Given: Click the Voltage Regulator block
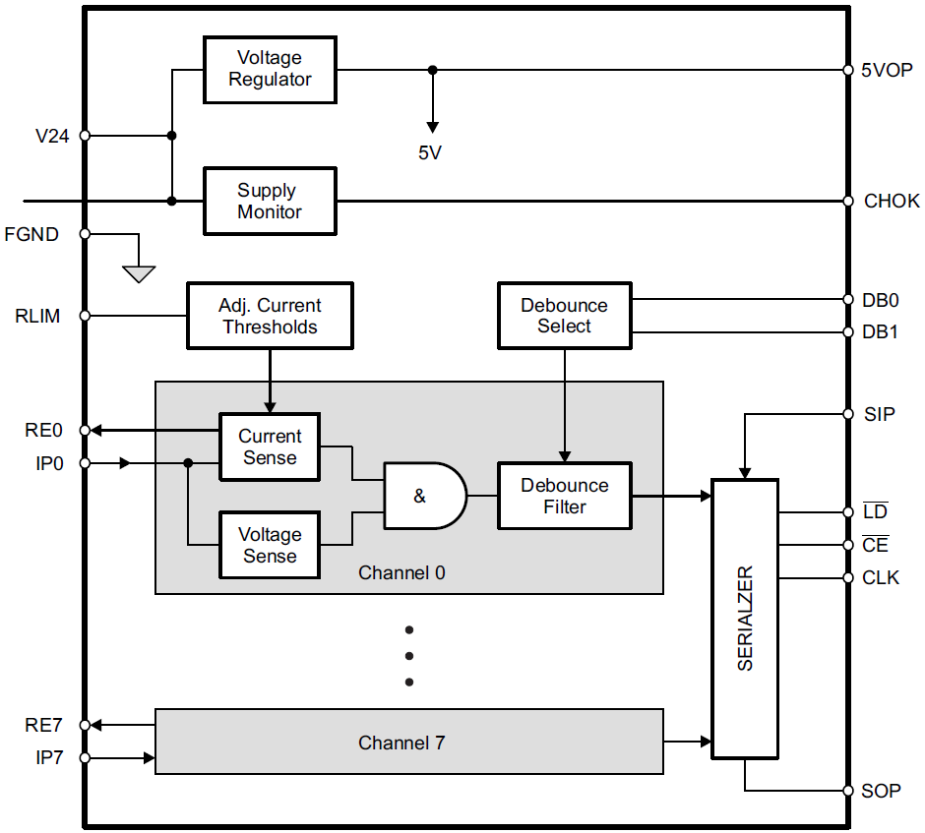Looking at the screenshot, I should (270, 70).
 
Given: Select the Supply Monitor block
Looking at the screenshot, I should (270, 202).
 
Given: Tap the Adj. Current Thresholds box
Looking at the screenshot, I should (270, 316).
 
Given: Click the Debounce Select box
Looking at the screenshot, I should (564, 316).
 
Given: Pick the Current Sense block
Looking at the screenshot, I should (270, 446).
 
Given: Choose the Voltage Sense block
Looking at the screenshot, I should (270, 545).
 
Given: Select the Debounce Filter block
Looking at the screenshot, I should (564, 496).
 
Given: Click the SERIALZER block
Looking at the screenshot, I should (745, 618).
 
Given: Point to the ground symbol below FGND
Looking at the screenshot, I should (139, 272).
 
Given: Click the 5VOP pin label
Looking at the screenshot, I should (887, 71).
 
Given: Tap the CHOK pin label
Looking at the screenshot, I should (892, 201).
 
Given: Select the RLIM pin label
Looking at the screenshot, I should (37, 316).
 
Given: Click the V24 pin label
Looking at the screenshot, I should (52, 136).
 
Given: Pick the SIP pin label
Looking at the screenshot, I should (879, 414).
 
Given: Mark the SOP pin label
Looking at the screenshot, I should (881, 791).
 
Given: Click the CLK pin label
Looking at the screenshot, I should (881, 577).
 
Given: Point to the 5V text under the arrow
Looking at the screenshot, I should (430, 152).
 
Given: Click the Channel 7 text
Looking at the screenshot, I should (401, 743).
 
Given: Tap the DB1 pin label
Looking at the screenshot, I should (880, 332).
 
